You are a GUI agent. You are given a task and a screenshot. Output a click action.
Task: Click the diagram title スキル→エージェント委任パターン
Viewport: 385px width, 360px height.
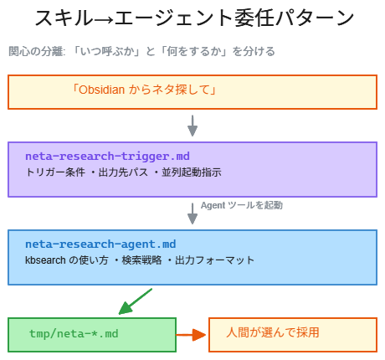(x=192, y=18)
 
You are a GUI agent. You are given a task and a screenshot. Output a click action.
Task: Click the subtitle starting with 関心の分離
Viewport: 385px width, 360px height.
(x=141, y=52)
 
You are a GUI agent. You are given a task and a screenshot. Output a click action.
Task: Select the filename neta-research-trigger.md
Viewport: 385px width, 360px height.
(x=107, y=156)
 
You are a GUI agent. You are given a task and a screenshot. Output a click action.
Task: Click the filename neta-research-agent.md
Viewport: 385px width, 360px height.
(x=100, y=244)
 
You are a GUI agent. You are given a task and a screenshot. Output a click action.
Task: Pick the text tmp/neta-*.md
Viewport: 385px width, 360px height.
(x=74, y=333)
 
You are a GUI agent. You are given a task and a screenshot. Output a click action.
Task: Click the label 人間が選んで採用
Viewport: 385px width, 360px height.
(x=273, y=332)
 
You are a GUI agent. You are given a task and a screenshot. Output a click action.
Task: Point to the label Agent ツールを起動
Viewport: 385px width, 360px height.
(x=242, y=205)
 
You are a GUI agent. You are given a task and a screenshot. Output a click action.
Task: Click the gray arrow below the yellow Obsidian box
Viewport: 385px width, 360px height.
(x=192, y=125)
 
